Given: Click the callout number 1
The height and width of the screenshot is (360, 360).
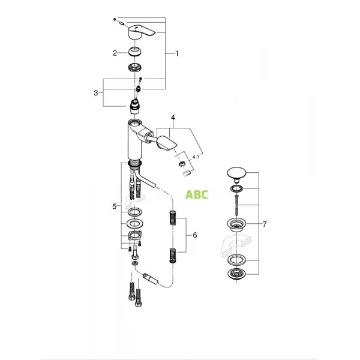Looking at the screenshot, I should pos(177,53).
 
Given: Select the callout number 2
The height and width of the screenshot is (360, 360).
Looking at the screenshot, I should pos(114,53).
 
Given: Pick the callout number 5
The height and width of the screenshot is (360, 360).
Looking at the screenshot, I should pos(114,206).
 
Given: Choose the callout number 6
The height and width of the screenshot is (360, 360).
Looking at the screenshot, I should pos(194,235).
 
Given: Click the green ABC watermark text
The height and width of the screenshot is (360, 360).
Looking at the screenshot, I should pos(197,195).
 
